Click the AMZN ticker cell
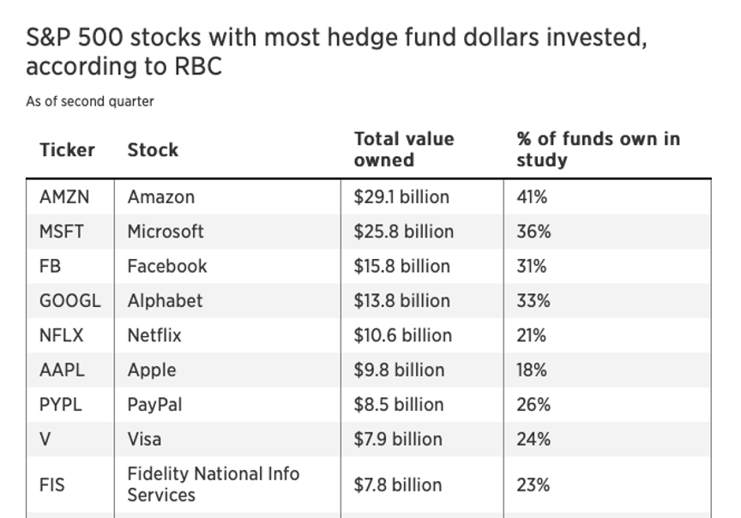click(x=63, y=197)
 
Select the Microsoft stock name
click(x=166, y=232)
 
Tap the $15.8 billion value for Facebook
click(x=401, y=267)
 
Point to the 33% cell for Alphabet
click(x=533, y=301)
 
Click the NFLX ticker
click(x=62, y=335)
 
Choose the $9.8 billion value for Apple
click(x=399, y=370)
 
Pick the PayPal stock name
click(x=154, y=405)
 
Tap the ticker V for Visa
click(x=45, y=439)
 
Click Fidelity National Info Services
click(x=213, y=484)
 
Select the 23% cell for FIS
click(x=533, y=485)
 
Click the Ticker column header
click(x=67, y=150)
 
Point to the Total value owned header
click(x=404, y=149)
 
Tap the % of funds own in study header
click(x=598, y=149)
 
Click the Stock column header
click(x=153, y=150)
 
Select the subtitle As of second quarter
click(x=90, y=101)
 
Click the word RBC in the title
click(x=197, y=66)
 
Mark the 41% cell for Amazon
click(x=532, y=197)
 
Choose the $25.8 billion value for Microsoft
click(x=403, y=232)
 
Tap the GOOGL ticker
click(x=69, y=301)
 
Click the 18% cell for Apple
click(x=532, y=370)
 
